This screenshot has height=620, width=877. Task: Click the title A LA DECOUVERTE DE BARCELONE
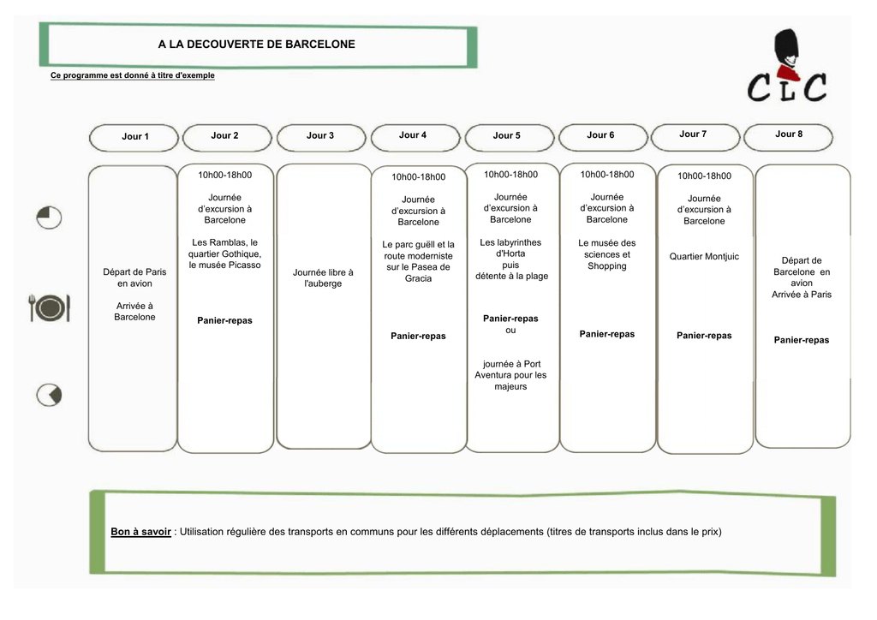click(x=256, y=45)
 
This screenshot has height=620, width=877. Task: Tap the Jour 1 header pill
click(x=134, y=137)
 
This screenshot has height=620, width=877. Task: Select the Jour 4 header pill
click(x=415, y=137)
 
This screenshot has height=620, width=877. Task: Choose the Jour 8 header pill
click(x=788, y=136)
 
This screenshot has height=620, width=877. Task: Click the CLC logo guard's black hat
click(x=786, y=46)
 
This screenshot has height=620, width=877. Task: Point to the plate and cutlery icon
click(x=49, y=307)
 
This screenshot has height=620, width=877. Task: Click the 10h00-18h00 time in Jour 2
click(x=225, y=175)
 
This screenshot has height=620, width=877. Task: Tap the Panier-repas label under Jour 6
click(x=607, y=334)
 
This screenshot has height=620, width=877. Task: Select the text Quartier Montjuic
click(x=704, y=257)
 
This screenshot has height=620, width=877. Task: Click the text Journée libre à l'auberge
click(x=323, y=277)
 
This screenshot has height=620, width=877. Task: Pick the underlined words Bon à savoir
click(x=141, y=532)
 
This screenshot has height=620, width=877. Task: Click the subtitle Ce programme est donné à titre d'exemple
click(x=133, y=75)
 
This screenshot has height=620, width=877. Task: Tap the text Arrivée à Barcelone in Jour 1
click(x=134, y=312)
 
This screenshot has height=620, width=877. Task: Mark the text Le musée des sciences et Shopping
click(x=607, y=254)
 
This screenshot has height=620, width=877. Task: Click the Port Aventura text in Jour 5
click(x=510, y=375)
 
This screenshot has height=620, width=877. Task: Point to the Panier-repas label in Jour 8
click(x=802, y=340)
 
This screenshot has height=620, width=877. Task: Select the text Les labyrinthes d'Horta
click(x=510, y=247)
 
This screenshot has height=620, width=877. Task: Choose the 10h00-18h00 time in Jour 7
click(x=704, y=176)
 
